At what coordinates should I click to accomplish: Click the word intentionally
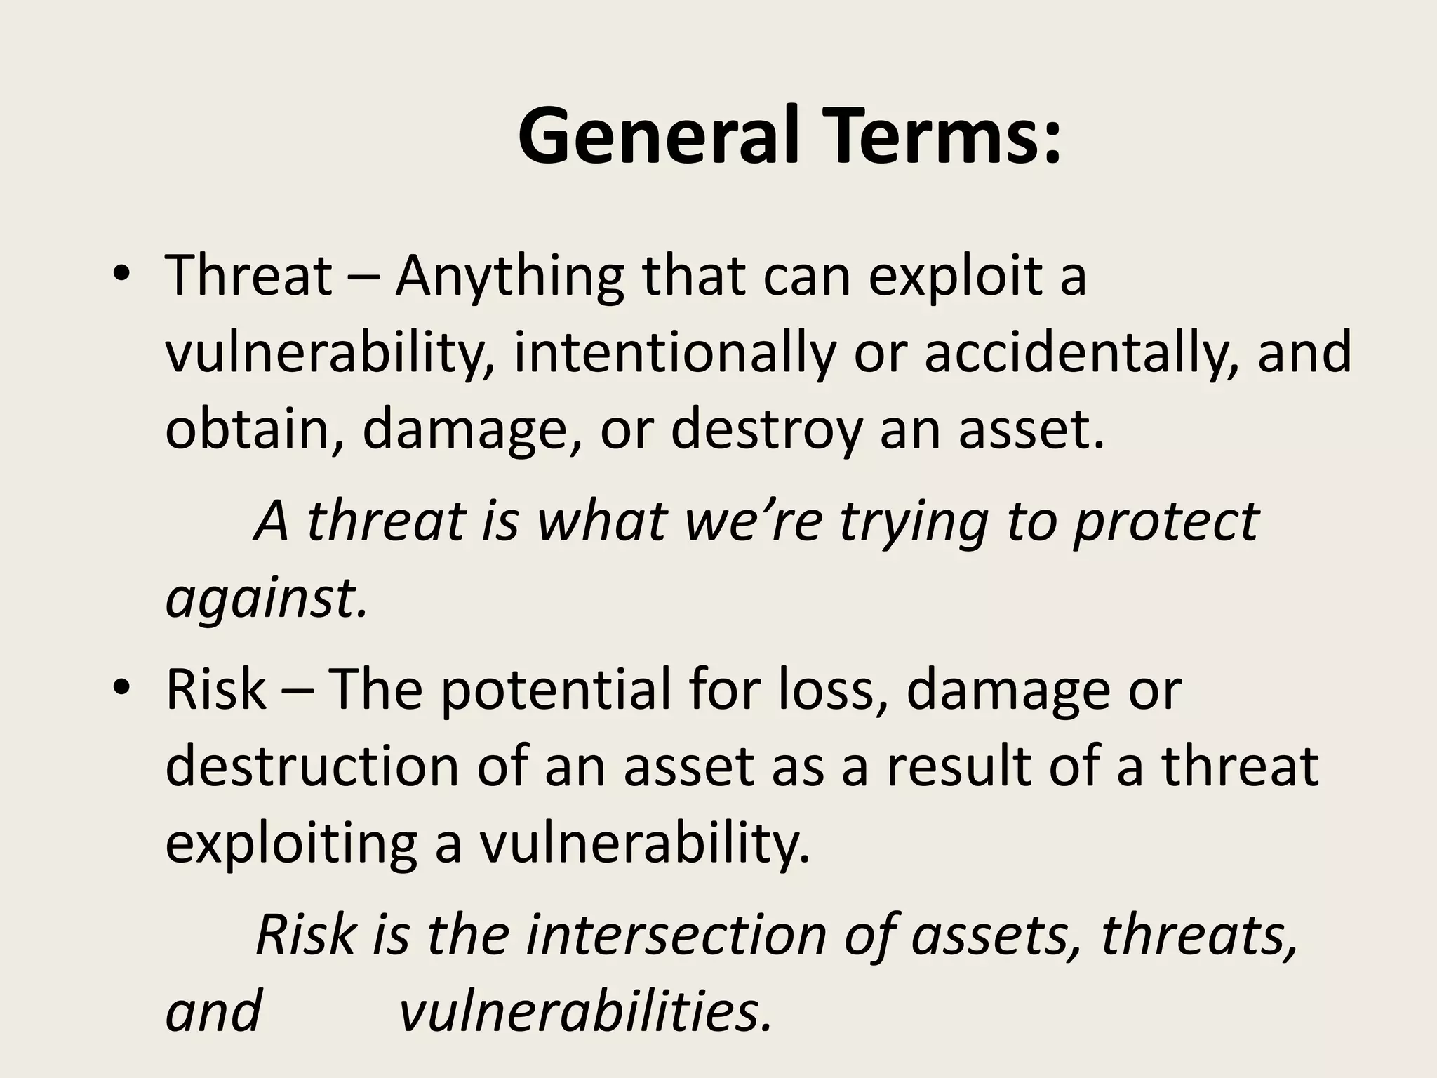674,352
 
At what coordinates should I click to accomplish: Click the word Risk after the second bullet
215,690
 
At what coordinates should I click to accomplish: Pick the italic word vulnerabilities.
585,1013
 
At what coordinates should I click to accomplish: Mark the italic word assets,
997,936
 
